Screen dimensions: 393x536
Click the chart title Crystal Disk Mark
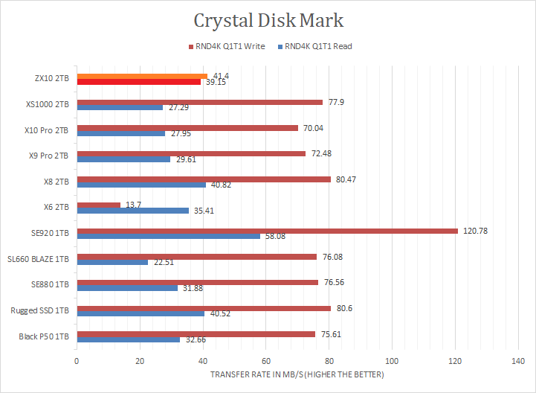[x=268, y=19]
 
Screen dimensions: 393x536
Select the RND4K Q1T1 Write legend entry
[x=230, y=46]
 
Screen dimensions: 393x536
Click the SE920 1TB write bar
[x=268, y=231]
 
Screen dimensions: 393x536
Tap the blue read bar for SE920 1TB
[x=168, y=236]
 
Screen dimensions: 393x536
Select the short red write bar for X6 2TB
[x=98, y=205]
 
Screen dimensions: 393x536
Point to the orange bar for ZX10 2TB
[x=142, y=76]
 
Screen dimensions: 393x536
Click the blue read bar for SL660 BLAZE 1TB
[x=112, y=262]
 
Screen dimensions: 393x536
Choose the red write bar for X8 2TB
[x=204, y=179]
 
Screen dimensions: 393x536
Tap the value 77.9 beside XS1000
[x=335, y=103]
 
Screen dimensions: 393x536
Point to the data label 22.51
[x=161, y=262]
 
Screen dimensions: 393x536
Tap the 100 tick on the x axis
[x=393, y=361]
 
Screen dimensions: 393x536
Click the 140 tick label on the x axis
[x=519, y=361]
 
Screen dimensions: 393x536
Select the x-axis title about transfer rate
[x=297, y=374]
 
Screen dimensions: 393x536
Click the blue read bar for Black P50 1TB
[x=128, y=339]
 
